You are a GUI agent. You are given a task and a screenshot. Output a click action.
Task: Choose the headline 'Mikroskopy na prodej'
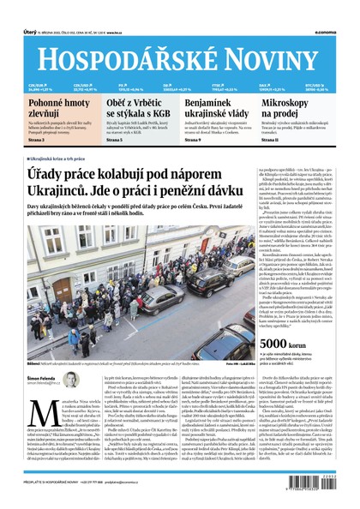303,108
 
